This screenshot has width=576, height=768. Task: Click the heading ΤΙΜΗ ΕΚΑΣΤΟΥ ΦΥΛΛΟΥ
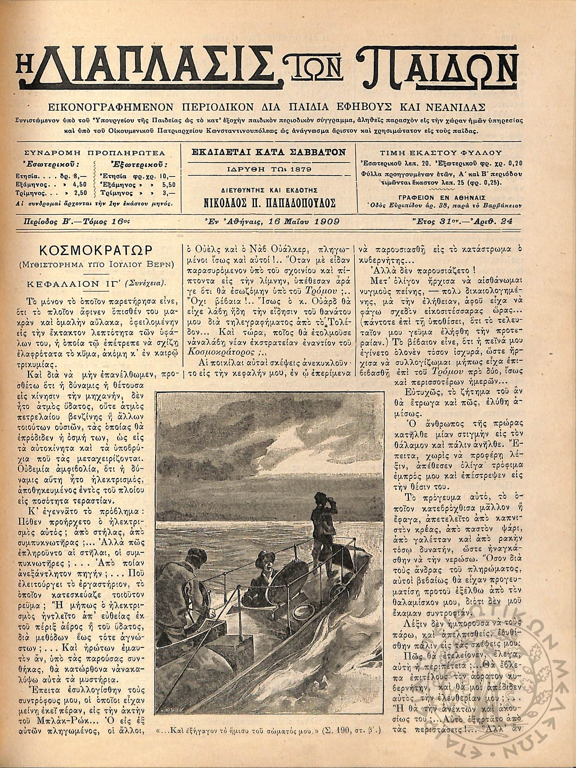(x=441, y=152)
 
